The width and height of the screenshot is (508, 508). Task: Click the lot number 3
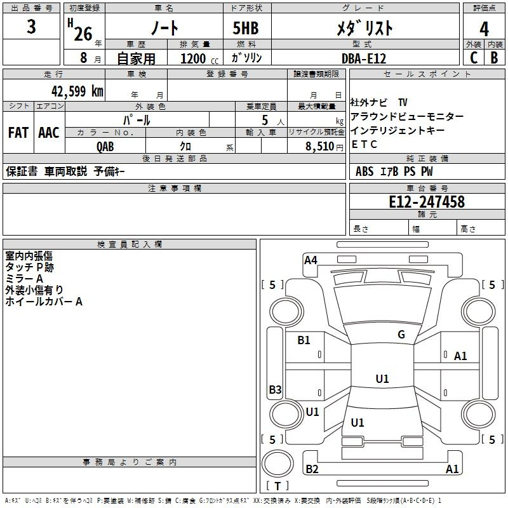point(31,27)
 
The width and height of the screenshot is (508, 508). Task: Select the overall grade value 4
point(484,29)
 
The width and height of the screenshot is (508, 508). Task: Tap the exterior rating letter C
point(474,58)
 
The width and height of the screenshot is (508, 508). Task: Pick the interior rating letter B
point(494,58)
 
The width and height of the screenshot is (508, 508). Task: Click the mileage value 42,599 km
point(77,91)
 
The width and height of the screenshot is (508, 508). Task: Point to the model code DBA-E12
point(364,58)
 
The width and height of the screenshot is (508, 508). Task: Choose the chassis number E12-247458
point(427,201)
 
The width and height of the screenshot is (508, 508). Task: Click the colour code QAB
point(105,147)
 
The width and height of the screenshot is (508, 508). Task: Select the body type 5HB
point(246,28)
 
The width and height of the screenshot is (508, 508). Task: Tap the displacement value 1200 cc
point(199,58)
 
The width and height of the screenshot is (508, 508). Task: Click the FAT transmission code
point(18,133)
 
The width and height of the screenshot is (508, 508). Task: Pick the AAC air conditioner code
point(49,133)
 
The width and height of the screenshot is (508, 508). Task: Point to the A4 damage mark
point(311,260)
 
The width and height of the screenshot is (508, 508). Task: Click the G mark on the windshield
point(401,335)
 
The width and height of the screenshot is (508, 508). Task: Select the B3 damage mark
point(276,389)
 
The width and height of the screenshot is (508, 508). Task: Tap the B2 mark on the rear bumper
point(312,469)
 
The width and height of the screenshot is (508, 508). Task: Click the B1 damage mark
point(304,340)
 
